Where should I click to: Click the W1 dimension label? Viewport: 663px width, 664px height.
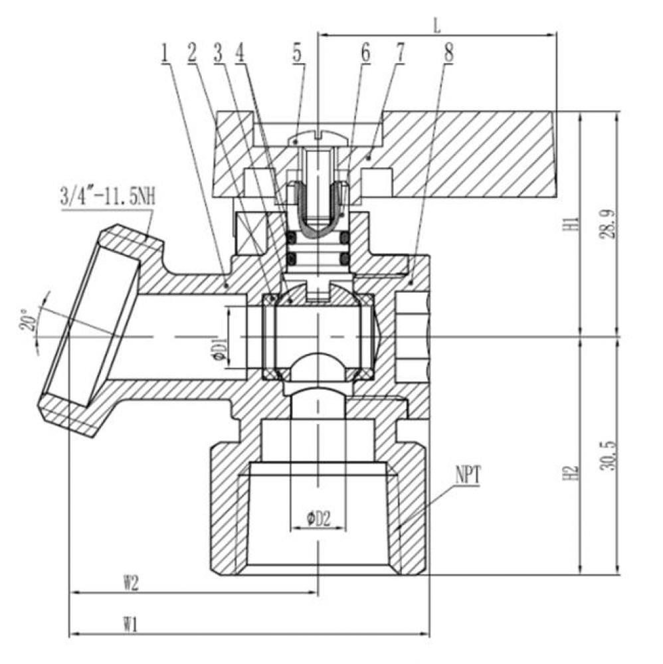pyautogui.click(x=130, y=623)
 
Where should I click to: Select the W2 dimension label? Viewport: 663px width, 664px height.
pyautogui.click(x=130, y=582)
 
